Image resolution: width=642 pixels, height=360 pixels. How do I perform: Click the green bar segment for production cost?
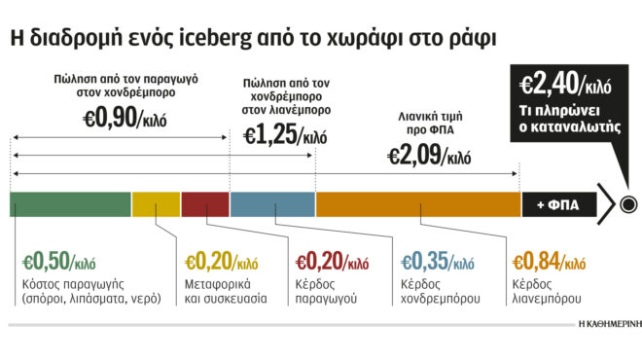click(x=70, y=204)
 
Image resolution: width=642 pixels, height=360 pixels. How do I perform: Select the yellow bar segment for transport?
click(x=156, y=204)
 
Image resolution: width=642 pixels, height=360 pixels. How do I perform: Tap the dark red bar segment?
click(x=205, y=204)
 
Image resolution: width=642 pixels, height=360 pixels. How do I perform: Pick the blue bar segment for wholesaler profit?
click(x=272, y=204)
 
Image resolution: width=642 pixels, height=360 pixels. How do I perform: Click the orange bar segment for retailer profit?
click(x=416, y=204)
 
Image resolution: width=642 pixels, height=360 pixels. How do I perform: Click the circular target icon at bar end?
click(x=627, y=204)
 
